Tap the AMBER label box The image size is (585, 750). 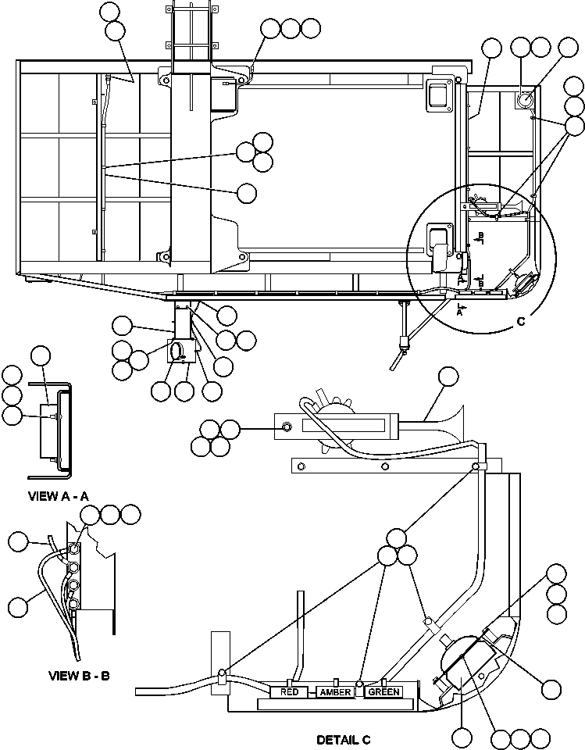[x=336, y=691]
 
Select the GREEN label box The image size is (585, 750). [x=383, y=691]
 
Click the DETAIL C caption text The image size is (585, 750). [x=343, y=739]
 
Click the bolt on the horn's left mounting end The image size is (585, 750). [x=287, y=426]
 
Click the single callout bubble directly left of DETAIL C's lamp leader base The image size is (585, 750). [x=461, y=736]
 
